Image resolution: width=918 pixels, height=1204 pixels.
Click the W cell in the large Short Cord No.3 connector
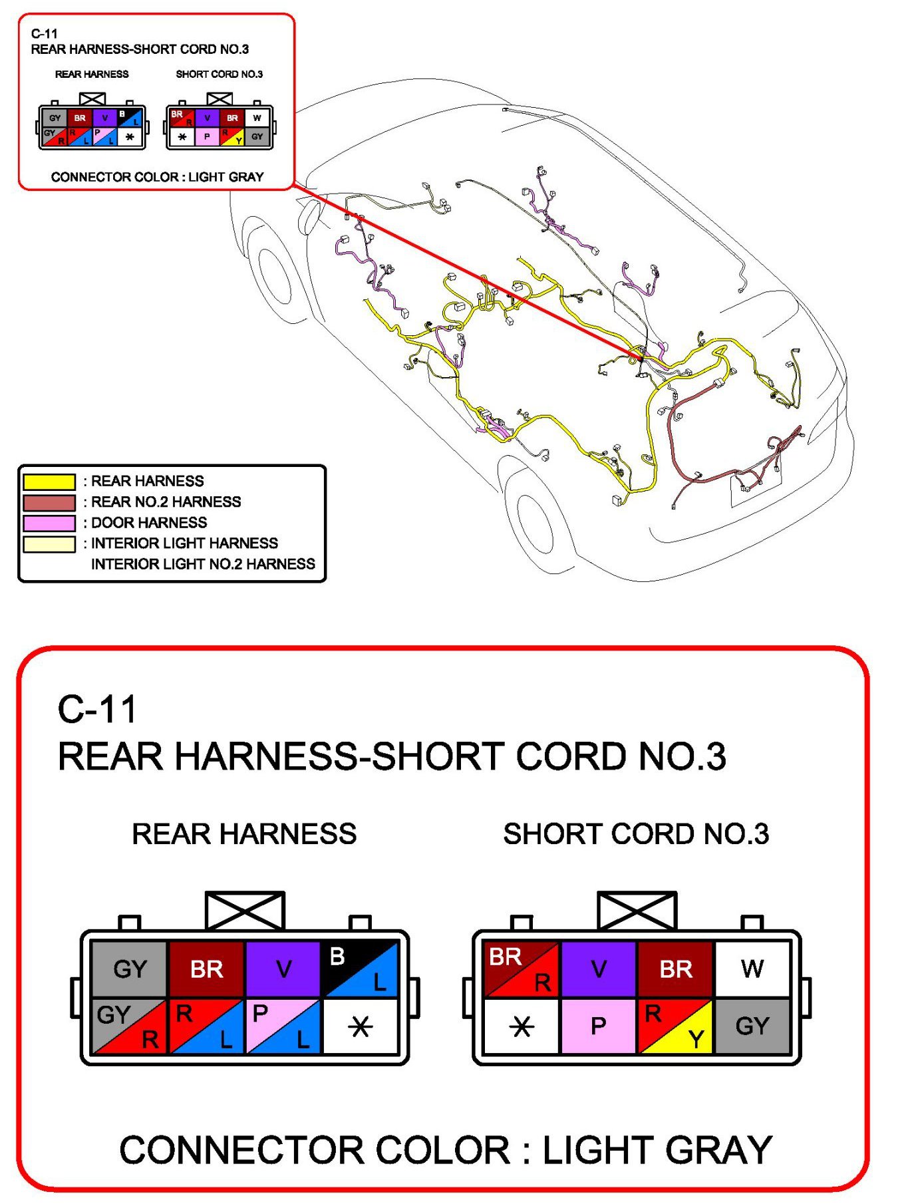(x=752, y=969)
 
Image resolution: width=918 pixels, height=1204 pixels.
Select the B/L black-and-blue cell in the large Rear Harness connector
(x=359, y=969)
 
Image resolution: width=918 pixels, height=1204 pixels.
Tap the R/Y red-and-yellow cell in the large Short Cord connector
(x=675, y=1026)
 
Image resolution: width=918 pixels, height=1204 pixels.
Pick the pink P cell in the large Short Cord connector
(x=598, y=1026)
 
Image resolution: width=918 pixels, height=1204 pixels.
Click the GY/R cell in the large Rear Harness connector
(x=130, y=1026)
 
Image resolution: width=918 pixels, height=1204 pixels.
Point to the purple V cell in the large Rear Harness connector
(x=283, y=969)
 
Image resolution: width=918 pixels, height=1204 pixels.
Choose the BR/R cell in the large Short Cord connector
(x=522, y=969)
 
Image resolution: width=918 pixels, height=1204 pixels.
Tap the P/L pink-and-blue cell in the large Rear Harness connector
(x=283, y=1026)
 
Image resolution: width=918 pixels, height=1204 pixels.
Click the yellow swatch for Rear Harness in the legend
(x=49, y=482)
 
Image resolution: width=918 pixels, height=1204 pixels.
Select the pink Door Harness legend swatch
(x=49, y=523)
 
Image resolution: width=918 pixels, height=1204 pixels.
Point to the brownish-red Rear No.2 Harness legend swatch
(x=49, y=502)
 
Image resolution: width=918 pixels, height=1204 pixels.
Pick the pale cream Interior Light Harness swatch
(x=49, y=544)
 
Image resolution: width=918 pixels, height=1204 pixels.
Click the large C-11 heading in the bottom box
(x=97, y=709)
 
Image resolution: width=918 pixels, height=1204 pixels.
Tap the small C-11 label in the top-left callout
(x=44, y=33)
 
